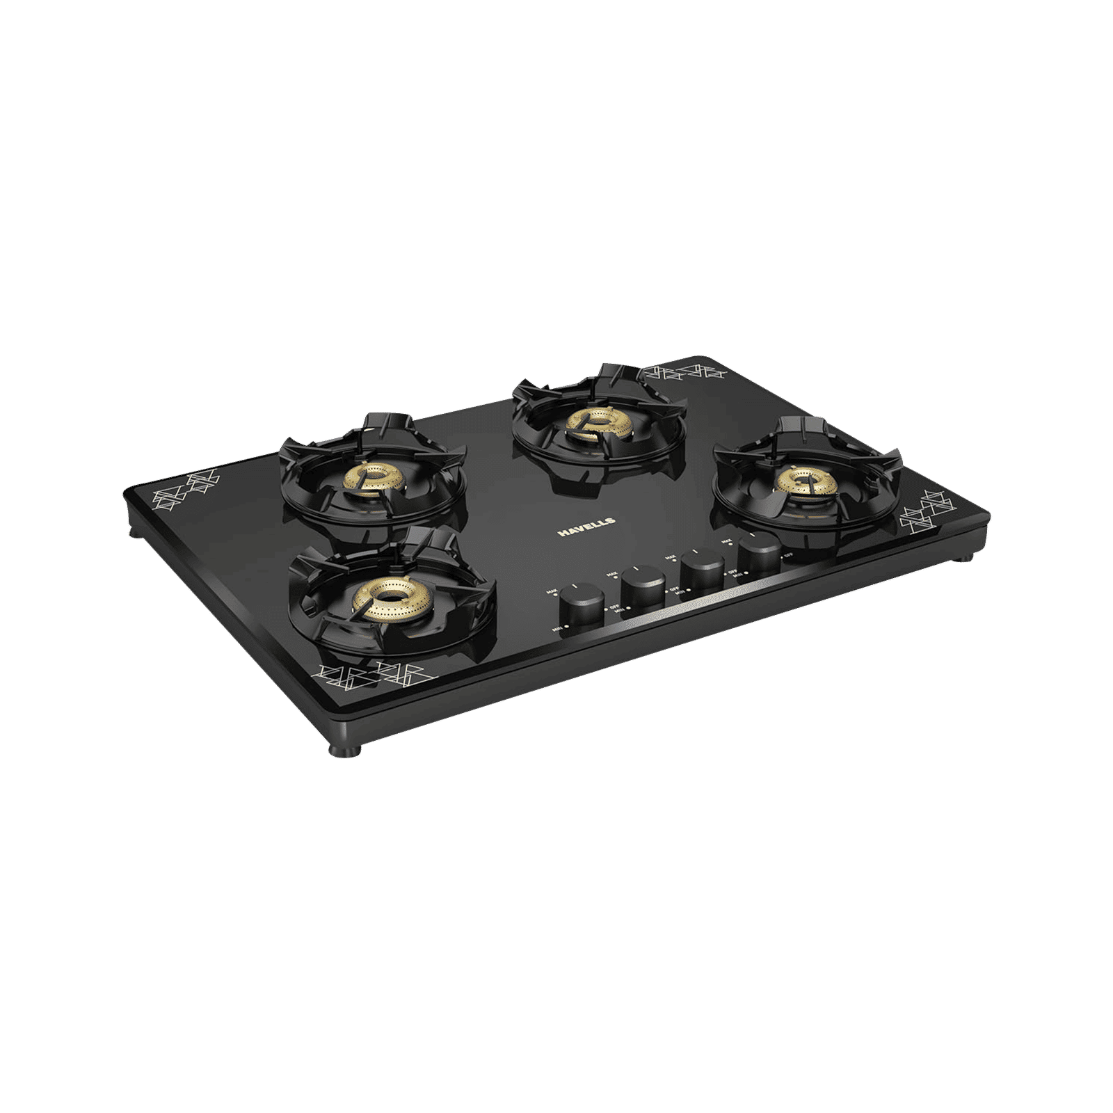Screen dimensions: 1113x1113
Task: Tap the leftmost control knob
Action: point(582,603)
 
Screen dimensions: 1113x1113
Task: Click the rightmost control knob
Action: point(759,553)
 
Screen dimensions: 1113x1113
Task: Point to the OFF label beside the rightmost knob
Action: point(787,556)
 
